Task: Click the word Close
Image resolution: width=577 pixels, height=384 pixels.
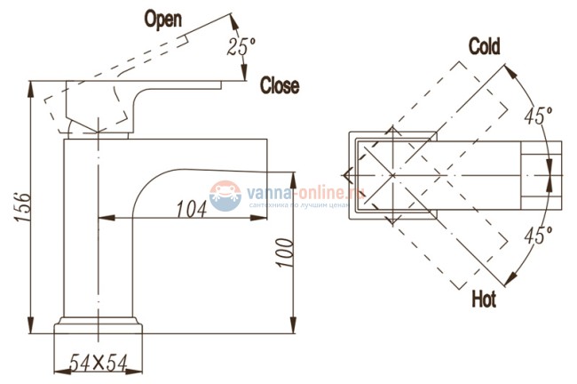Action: [x=279, y=85]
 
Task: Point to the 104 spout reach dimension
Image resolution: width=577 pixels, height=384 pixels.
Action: [x=192, y=209]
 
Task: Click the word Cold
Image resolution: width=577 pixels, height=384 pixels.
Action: [x=484, y=45]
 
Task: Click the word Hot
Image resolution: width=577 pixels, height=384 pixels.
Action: [x=484, y=300]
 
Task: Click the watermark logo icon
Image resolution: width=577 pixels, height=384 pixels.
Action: [x=224, y=192]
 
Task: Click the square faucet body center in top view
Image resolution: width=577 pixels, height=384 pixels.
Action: [x=391, y=174]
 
